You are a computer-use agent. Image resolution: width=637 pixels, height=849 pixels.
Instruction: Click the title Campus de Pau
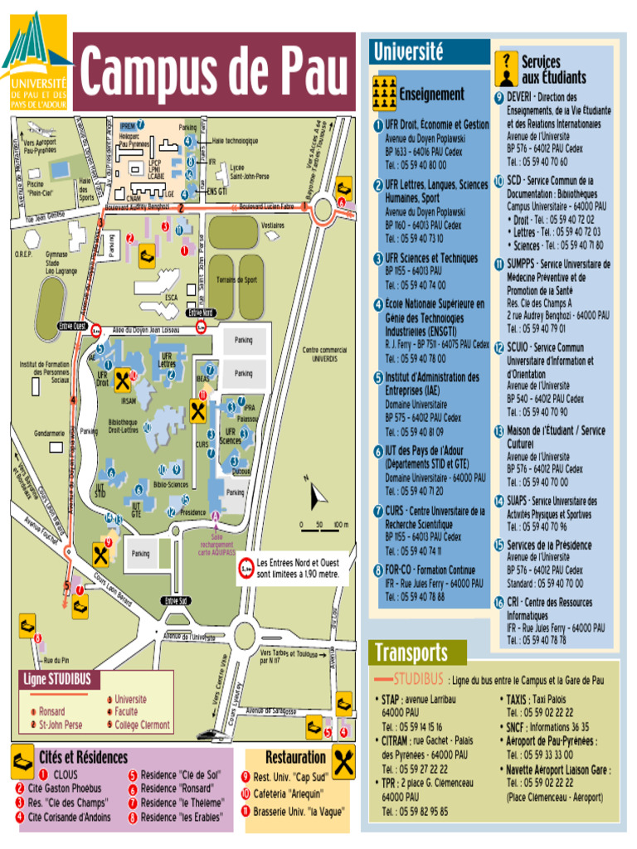pyautogui.click(x=213, y=72)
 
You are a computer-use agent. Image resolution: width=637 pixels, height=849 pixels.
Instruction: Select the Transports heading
pyautogui.click(x=411, y=653)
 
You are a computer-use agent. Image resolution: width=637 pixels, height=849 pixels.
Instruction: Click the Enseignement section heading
pyautogui.click(x=431, y=95)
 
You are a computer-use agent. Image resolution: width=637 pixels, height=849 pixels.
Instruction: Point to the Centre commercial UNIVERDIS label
pyautogui.click(x=324, y=354)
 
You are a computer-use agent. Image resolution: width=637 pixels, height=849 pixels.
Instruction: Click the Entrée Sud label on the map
pyautogui.click(x=177, y=600)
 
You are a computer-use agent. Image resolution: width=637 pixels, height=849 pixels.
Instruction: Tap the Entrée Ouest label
pyautogui.click(x=72, y=326)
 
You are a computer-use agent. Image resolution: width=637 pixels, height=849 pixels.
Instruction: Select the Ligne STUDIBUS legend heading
pyautogui.click(x=57, y=680)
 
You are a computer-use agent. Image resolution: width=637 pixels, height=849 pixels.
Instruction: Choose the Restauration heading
pyautogui.click(x=295, y=757)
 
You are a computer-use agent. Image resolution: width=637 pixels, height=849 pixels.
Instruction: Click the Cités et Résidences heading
pyautogui.click(x=83, y=757)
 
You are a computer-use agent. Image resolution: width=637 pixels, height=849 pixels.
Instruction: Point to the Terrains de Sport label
pyautogui.click(x=237, y=280)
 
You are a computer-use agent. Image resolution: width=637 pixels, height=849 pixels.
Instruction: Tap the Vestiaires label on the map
pyautogui.click(x=272, y=225)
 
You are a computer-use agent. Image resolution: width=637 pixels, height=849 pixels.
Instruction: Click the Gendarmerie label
pyautogui.click(x=49, y=433)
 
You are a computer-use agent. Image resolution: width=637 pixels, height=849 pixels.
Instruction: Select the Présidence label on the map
pyautogui.click(x=192, y=512)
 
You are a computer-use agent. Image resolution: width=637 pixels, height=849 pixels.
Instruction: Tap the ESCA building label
pyautogui.click(x=171, y=297)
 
